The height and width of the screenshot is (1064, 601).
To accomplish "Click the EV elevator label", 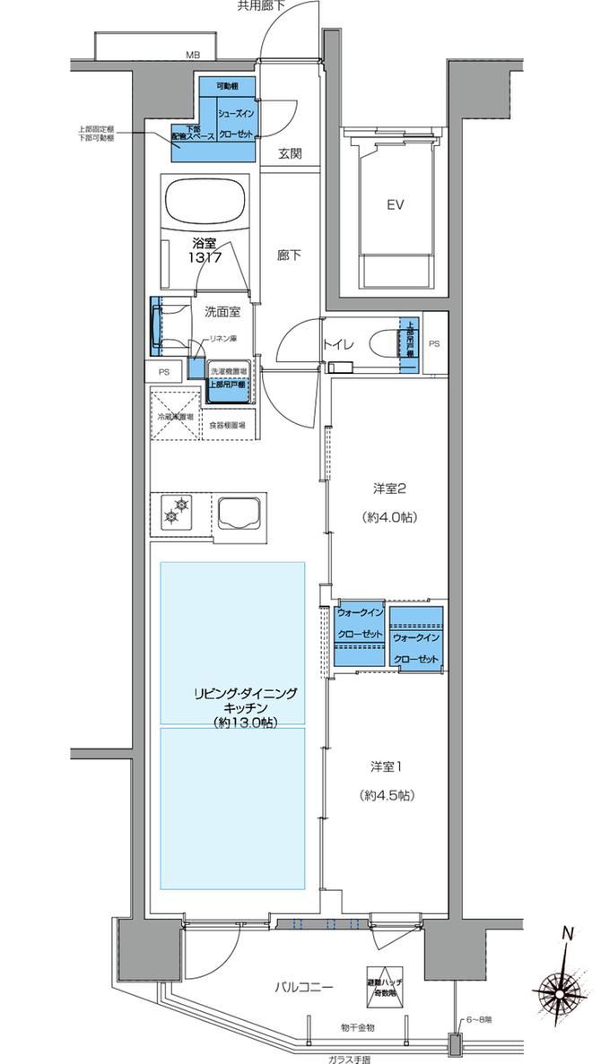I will [396, 204].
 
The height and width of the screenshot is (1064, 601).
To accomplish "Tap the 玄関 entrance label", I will [289, 153].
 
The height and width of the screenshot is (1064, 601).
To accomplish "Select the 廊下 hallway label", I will [288, 255].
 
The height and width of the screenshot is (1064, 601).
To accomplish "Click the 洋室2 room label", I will [391, 489].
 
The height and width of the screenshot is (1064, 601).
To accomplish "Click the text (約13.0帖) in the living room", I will [244, 722].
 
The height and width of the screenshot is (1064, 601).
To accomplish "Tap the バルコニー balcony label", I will [304, 988].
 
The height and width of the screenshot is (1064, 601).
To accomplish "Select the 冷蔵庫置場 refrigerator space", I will [176, 416].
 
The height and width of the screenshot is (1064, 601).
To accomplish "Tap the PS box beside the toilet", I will [434, 342].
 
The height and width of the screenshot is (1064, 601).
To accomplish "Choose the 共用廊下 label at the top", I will [261, 6].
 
